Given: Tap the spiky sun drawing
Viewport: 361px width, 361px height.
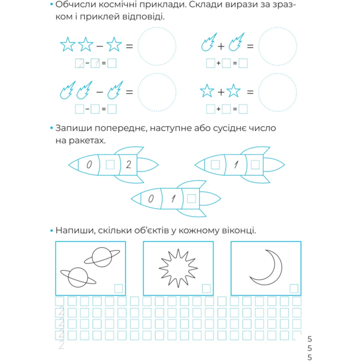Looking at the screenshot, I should tap(178, 267).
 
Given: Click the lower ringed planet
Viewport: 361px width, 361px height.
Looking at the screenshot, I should tap(77, 277).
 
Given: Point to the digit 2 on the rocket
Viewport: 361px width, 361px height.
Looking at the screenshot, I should tap(128, 163).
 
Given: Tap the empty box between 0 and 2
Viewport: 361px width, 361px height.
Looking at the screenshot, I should tap(110, 164).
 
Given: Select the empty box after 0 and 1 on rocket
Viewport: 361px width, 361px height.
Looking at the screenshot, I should tap(191, 197).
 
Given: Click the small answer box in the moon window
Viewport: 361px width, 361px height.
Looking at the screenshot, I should tap(294, 288).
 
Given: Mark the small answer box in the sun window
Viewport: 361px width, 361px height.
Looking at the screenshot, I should tap(206, 288).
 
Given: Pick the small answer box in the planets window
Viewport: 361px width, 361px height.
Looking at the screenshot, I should tap(118, 288).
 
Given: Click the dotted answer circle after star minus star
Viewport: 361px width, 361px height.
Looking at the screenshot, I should tap(157, 45).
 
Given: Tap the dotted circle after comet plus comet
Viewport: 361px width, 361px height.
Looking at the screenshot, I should tap(277, 45).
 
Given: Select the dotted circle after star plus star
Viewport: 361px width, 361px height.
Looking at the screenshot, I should tap(277, 91).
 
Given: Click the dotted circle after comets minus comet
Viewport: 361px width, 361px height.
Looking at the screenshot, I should tap(157, 91).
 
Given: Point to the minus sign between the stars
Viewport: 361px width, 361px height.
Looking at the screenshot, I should tap(99, 45).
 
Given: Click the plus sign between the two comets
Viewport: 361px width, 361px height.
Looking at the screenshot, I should tap(221, 46).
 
